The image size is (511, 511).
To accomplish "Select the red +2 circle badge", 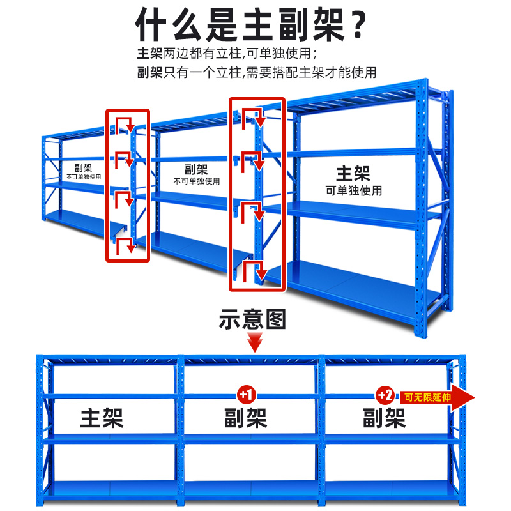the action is tap(385, 395).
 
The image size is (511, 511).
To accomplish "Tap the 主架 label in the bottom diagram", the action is tap(102, 418).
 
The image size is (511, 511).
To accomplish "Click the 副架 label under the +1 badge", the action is tap(245, 418).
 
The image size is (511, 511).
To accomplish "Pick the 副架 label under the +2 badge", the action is tap(385, 418).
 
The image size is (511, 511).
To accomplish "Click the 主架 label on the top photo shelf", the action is tap(353, 173).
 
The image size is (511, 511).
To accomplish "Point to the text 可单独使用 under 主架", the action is tap(353, 190).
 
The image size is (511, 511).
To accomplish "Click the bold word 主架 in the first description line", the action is tap(150, 54).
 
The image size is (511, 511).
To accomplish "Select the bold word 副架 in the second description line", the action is tap(150, 72).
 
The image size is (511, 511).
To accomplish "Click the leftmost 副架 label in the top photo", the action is tap(83, 167).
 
